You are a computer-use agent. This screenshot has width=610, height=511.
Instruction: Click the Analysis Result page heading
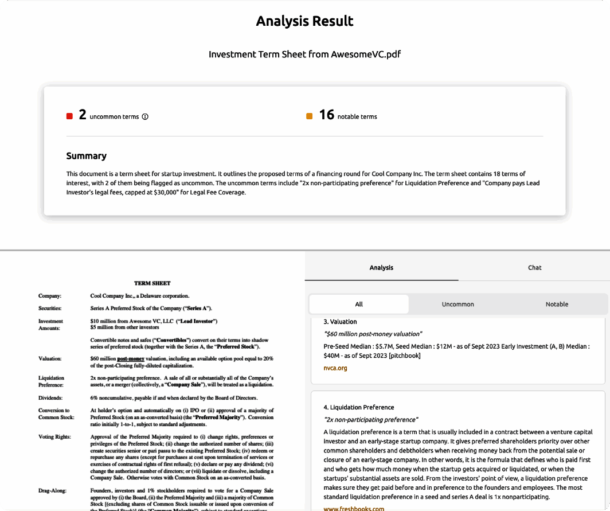304,22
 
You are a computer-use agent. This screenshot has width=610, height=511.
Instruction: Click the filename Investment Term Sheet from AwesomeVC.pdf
304,54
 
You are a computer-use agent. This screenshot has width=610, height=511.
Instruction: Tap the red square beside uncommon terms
69,116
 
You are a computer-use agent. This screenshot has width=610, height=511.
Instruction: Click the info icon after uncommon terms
145,116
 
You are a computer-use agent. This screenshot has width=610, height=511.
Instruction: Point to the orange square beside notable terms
310,116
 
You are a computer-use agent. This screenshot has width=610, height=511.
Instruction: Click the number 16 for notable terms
327,115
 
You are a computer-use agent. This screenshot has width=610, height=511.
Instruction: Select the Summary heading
86,156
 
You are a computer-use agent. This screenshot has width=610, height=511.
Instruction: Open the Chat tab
534,268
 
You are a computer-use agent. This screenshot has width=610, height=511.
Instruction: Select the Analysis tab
381,268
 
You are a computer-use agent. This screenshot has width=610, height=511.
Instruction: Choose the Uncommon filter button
458,304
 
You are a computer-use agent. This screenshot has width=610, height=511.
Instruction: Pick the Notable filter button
557,304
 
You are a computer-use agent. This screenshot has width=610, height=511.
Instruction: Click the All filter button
359,304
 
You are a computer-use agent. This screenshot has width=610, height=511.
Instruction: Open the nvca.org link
335,368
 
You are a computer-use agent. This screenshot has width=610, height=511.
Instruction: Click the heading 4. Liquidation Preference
358,407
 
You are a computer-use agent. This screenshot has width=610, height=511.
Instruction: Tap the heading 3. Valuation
340,322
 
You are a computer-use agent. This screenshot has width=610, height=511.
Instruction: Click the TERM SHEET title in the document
152,283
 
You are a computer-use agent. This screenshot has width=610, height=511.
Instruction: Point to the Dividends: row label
51,397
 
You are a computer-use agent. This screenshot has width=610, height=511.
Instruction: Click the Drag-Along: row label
52,490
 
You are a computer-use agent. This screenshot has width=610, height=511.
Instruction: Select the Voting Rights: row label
54,436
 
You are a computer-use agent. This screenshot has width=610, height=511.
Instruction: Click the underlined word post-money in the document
127,358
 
